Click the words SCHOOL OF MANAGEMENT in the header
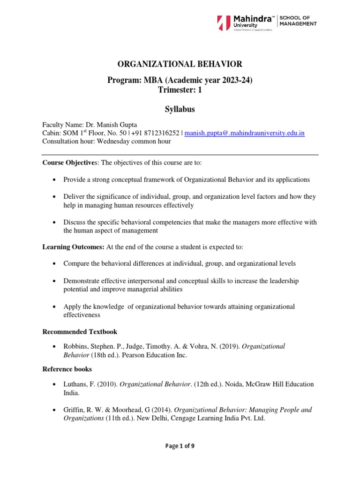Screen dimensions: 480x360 pos(298,21)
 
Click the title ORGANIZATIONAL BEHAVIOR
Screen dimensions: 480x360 pos(180,64)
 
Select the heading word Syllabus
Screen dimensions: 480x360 pos(180,109)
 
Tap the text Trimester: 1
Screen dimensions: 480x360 pos(180,90)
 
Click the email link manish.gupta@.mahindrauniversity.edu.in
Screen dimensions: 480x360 pos(245,133)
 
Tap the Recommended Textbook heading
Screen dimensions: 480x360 pos(80,332)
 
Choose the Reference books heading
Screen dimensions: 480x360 pos(67,369)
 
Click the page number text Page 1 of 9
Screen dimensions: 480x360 pos(180,446)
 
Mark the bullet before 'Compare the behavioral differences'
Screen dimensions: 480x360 pos(55,264)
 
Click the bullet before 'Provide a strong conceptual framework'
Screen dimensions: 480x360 pos(55,180)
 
